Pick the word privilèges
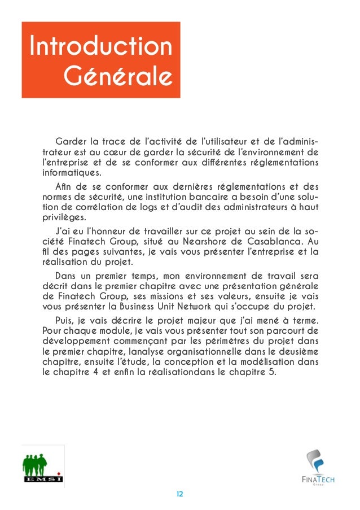[x=63, y=220]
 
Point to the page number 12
[x=180, y=494]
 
